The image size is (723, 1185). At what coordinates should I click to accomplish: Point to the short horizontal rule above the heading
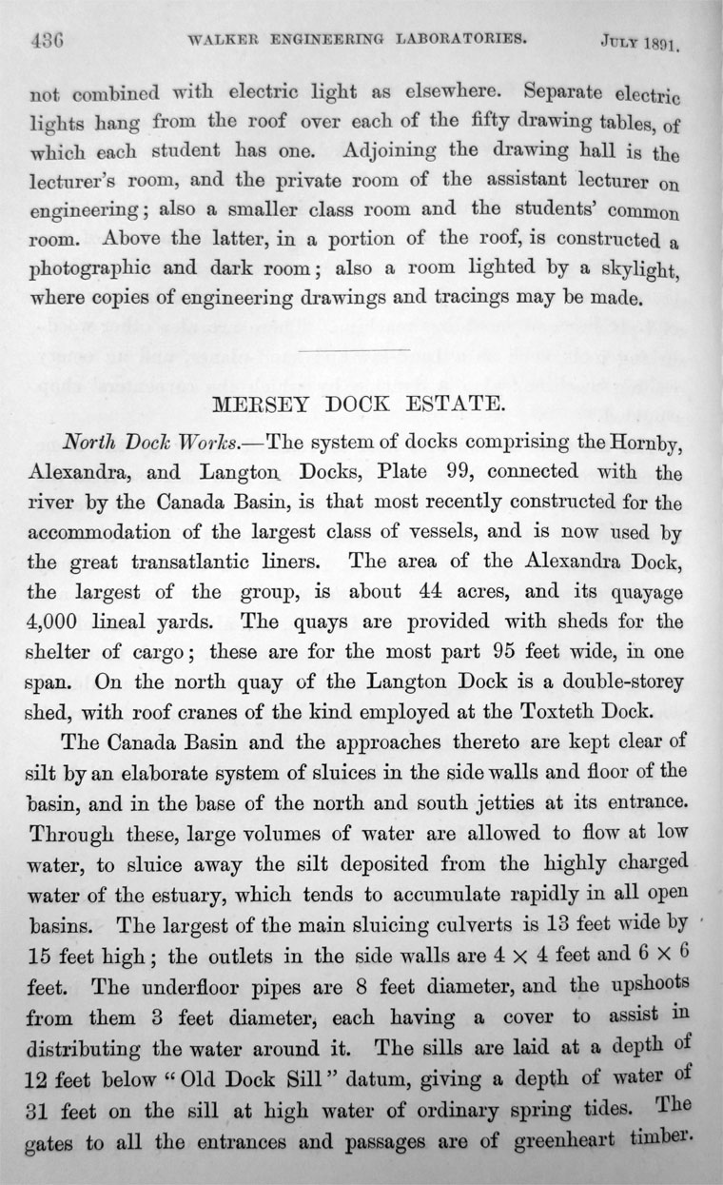(x=353, y=352)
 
